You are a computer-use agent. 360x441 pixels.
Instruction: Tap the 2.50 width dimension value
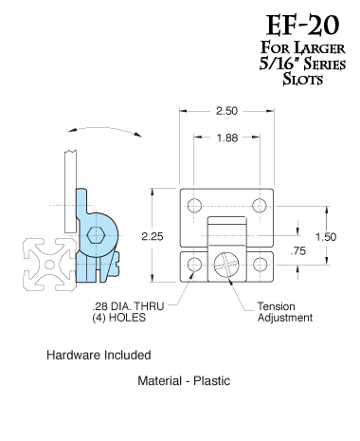tap(226, 112)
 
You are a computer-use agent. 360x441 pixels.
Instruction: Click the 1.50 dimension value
tap(326, 236)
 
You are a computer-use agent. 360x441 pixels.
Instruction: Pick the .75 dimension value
tap(300, 251)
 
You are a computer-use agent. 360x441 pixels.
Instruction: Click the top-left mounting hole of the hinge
tap(195, 206)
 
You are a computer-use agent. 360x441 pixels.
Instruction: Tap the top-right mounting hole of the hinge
tap(259, 206)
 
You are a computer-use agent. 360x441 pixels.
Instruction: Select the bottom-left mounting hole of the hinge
tap(195, 265)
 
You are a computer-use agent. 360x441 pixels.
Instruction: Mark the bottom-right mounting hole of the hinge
tap(259, 265)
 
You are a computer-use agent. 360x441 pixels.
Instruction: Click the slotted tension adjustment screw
tap(227, 265)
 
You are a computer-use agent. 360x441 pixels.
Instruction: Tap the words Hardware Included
tap(99, 356)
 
